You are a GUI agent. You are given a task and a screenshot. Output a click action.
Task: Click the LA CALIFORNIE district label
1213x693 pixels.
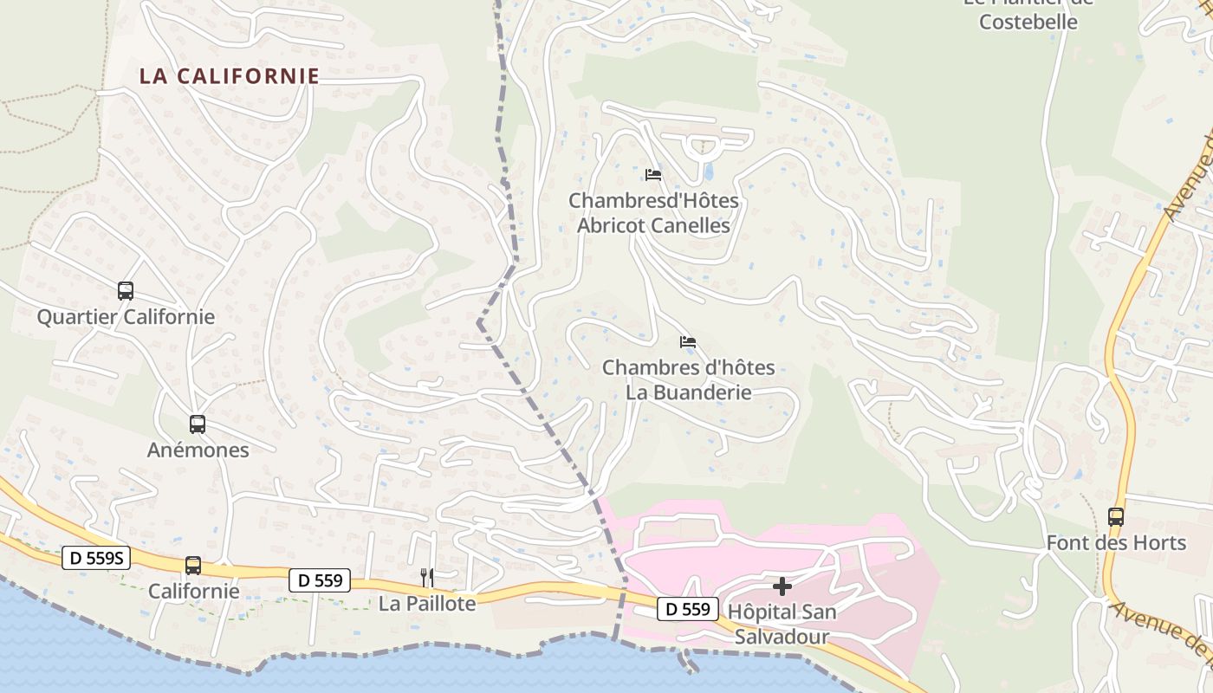[x=230, y=76]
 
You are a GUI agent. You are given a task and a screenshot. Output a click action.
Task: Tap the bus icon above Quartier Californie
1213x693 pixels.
[x=126, y=291]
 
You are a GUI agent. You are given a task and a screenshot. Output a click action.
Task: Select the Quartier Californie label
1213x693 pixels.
[x=126, y=317]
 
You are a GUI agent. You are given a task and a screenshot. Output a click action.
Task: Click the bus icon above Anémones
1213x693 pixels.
[x=198, y=424]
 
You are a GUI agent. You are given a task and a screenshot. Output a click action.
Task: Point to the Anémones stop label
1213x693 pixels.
[x=198, y=450]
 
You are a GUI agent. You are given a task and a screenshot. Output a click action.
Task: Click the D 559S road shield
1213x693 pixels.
[x=96, y=559]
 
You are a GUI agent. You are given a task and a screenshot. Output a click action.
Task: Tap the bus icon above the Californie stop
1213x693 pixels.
[x=193, y=566]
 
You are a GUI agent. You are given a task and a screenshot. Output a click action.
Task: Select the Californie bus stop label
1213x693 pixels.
[x=193, y=592]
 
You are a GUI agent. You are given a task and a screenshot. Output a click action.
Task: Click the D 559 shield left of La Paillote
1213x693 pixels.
[x=320, y=580]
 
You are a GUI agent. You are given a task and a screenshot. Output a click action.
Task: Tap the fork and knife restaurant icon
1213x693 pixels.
[x=427, y=578]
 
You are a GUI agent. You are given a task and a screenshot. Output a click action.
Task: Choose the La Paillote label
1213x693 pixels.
[x=427, y=604]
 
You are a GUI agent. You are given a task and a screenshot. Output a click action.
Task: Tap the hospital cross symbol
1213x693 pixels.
[x=782, y=586]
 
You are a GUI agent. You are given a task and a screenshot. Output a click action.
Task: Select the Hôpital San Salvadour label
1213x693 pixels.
[x=782, y=625]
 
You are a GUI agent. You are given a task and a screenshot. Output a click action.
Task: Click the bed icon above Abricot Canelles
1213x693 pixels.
[x=653, y=175]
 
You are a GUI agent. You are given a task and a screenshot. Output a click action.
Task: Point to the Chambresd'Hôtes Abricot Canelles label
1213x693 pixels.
[x=653, y=213]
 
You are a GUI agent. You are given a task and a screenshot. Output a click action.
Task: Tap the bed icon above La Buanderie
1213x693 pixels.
[x=688, y=342]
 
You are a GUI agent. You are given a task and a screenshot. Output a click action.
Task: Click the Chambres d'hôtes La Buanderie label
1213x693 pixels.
[x=688, y=379]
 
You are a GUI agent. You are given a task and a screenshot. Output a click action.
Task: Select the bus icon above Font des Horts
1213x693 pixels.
[x=1116, y=517]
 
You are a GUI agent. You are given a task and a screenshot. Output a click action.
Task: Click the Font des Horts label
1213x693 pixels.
[x=1116, y=543]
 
